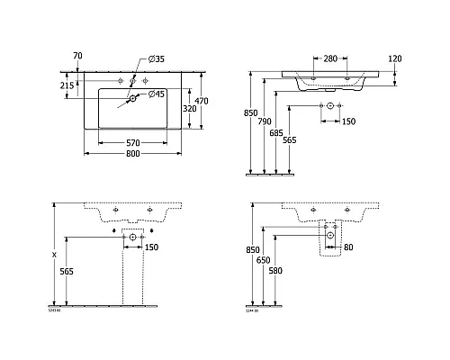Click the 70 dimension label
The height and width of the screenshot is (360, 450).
pos(77,56)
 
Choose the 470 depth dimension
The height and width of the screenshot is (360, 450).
pos(203,100)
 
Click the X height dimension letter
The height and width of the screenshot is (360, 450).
pos(56,255)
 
